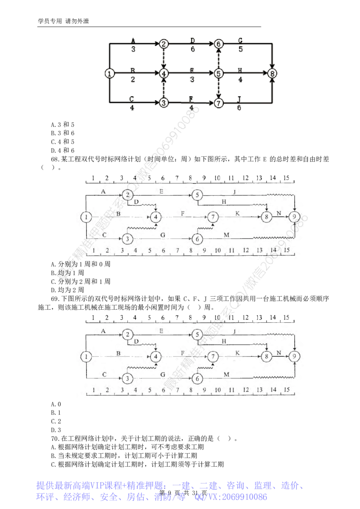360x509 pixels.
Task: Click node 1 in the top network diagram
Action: pos(109,73)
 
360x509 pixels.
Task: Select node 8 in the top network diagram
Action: pos(272,73)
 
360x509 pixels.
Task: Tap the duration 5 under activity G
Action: pos(240,49)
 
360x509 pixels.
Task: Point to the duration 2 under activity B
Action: pos(133,79)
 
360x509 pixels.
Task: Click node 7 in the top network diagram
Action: pos(219,103)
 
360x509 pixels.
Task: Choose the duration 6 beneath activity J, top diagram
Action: pos(238,108)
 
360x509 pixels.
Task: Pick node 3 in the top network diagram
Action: pos(164,103)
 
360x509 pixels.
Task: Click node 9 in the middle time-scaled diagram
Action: pos(294,217)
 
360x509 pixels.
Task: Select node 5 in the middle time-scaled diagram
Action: pos(197,195)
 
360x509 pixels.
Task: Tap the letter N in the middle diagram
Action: pos(279,213)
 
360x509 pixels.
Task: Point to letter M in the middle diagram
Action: pos(226,235)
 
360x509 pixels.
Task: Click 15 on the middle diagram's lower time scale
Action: pos(287,250)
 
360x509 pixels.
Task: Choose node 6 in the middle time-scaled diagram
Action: pos(197,238)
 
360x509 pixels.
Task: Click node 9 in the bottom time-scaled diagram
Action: pos(294,356)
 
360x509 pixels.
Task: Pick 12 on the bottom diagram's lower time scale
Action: pos(245,389)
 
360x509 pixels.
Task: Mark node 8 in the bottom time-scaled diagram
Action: pos(267,356)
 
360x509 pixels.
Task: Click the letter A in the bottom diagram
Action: pos(103,330)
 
